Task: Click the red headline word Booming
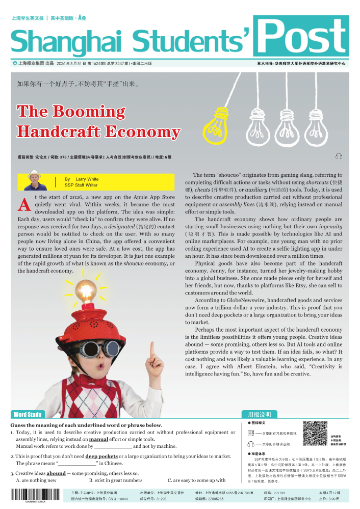point(89,111)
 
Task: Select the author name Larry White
point(87,179)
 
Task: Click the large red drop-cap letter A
point(24,205)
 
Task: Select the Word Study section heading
point(27,415)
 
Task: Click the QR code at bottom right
point(315,434)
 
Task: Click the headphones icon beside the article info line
point(339,156)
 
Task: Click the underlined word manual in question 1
point(98,439)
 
